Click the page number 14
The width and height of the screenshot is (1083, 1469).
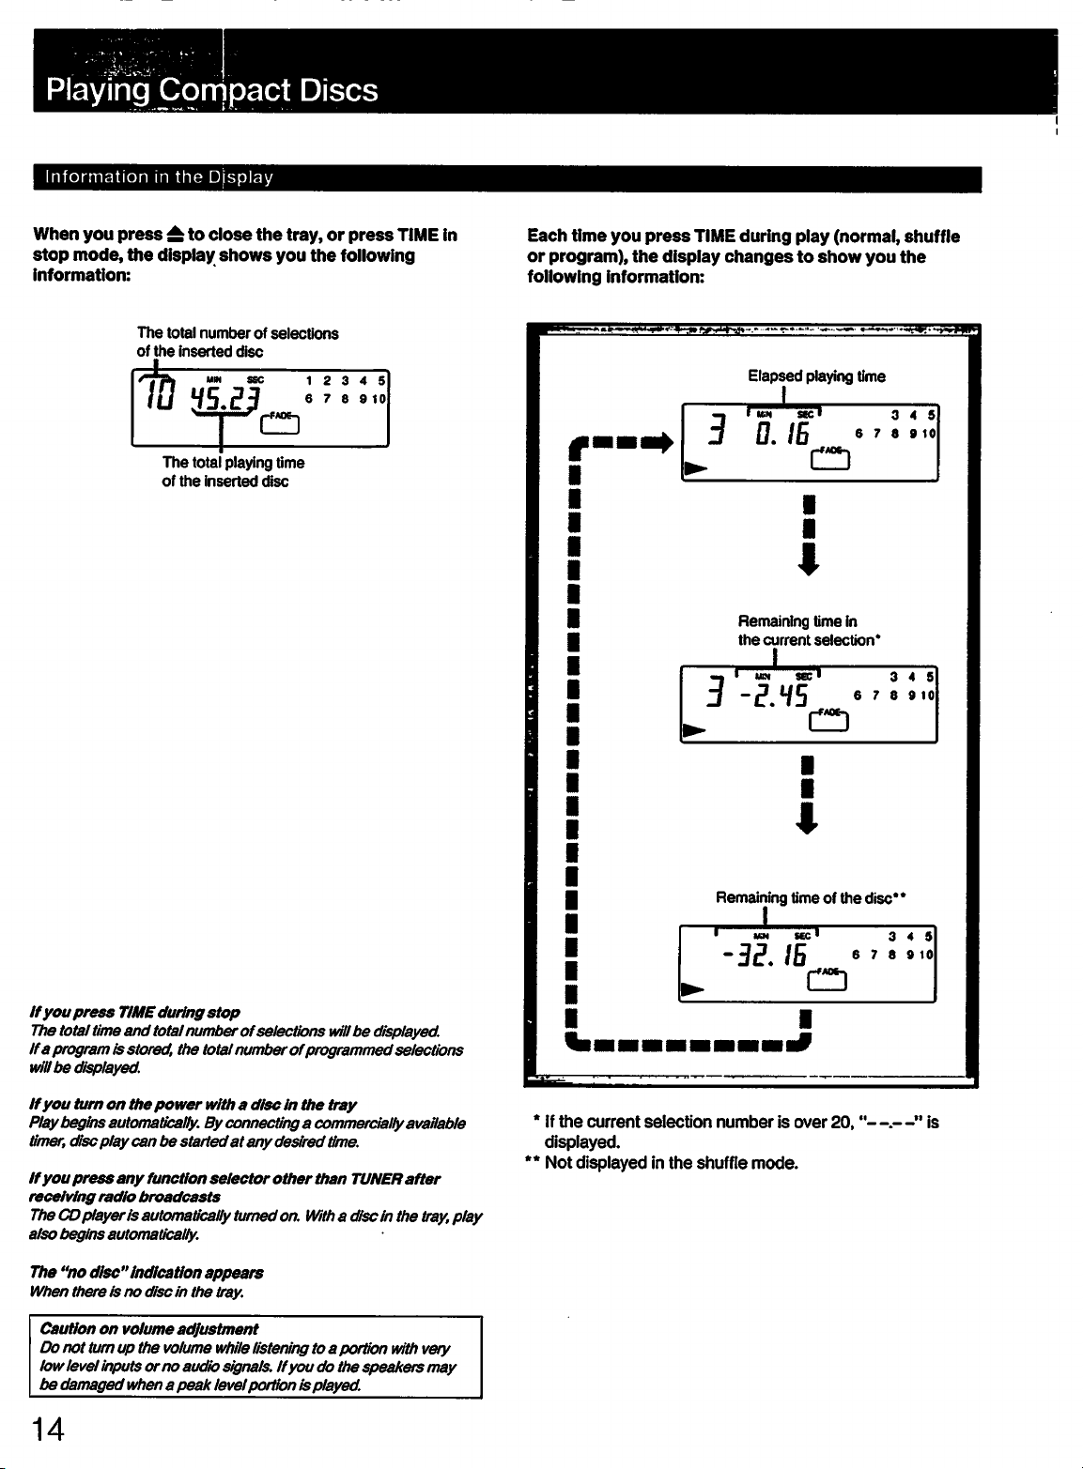point(48,1430)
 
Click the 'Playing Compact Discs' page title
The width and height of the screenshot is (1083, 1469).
point(212,90)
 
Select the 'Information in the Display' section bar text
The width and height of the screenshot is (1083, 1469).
point(159,177)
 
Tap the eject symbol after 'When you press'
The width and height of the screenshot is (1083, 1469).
point(175,234)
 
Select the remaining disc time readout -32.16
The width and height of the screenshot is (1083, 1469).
point(764,955)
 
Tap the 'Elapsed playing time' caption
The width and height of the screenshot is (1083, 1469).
point(816,375)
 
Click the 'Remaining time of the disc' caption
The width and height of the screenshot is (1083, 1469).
point(811,897)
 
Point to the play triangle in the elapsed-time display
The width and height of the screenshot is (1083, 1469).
point(696,468)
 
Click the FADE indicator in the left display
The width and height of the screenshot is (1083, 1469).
point(280,423)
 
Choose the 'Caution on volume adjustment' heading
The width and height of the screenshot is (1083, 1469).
point(149,1328)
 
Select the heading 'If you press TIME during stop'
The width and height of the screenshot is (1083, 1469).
point(134,1012)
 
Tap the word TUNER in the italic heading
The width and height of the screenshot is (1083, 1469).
point(376,1178)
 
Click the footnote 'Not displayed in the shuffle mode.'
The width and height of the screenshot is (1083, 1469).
point(671,1163)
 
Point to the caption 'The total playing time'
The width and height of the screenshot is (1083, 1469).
point(234,463)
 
